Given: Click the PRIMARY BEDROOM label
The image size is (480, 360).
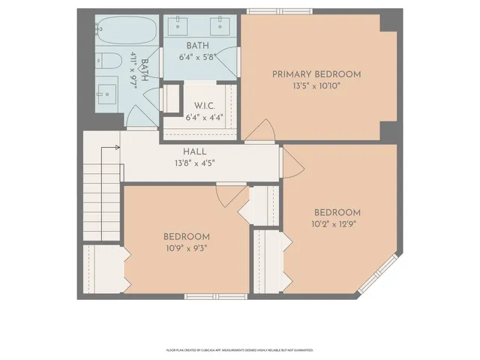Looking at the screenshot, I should point(316,74).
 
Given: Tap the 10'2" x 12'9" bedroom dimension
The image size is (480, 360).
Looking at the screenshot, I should point(337,223).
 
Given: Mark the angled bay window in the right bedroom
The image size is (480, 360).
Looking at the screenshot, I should point(379,274).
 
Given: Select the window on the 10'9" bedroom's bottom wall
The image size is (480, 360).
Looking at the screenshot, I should point(205,297).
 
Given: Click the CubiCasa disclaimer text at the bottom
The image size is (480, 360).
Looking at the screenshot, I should point(239,349).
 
